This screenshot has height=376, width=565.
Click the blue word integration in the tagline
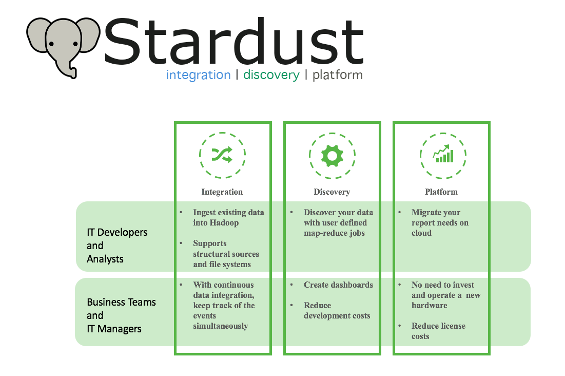(198, 75)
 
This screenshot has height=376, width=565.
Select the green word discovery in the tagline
(271, 75)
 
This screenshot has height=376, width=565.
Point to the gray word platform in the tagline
(337, 75)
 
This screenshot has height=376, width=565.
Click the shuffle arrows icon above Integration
(222, 155)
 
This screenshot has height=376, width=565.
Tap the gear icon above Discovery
(332, 155)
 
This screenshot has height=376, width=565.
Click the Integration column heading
(222, 192)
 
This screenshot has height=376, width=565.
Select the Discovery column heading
(332, 192)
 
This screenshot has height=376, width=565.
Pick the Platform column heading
(441, 192)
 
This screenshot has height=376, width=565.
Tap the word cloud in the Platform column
(421, 233)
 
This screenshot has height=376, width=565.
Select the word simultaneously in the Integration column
(220, 326)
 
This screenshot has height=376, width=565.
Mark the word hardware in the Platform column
(429, 306)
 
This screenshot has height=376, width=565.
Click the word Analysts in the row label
(105, 259)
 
